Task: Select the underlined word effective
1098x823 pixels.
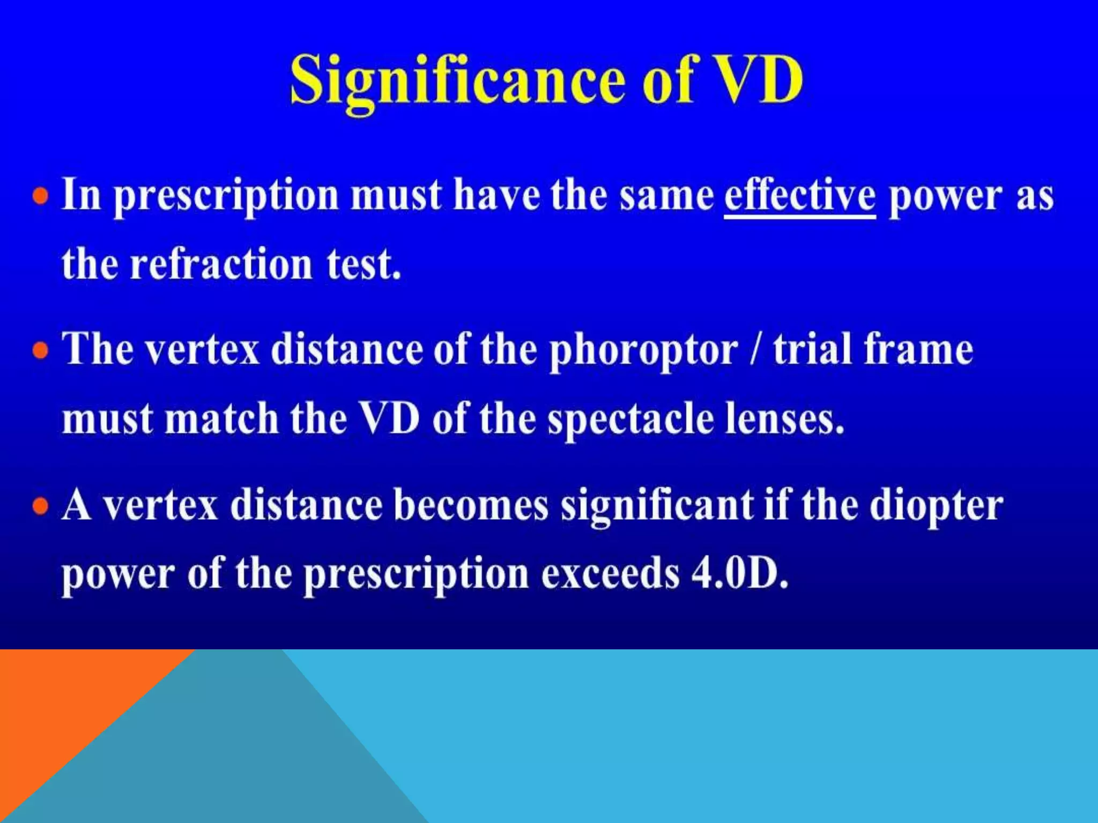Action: [799, 196]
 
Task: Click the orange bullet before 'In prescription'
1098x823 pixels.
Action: [41, 196]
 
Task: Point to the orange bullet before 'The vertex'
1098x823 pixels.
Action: [41, 351]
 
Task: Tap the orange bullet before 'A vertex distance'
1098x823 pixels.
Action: [41, 506]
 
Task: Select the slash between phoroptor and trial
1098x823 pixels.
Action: [755, 349]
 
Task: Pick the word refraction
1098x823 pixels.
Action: [221, 265]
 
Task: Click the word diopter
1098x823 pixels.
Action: [936, 506]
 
